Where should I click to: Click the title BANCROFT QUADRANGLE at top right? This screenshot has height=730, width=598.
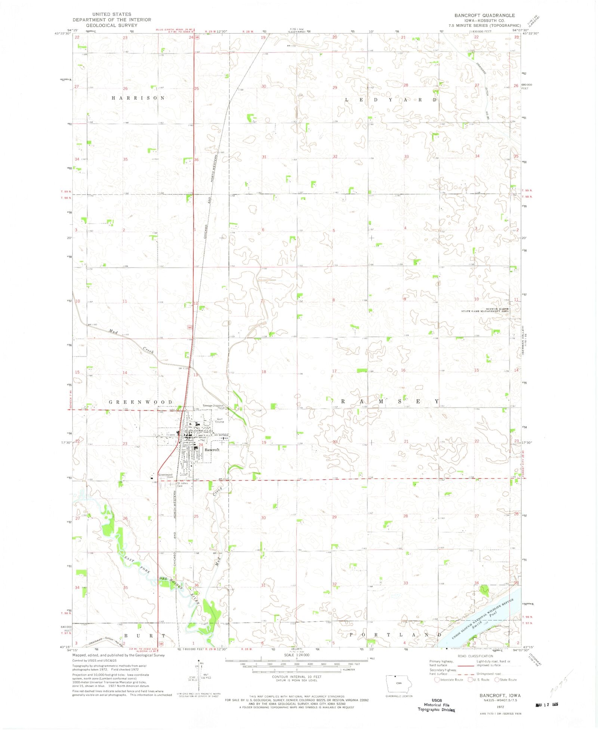click(484, 15)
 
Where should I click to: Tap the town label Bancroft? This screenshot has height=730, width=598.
click(212, 450)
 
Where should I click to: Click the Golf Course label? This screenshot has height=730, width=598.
click(219, 420)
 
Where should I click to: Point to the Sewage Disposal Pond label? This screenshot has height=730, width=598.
click(213, 406)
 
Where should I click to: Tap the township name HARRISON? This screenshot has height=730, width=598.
click(138, 98)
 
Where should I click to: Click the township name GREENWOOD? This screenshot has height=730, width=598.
click(141, 402)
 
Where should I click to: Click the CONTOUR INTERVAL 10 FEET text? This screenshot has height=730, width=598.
click(297, 677)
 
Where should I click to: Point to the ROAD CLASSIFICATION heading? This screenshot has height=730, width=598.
click(475, 656)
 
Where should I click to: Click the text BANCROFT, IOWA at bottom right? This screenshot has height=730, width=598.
click(500, 695)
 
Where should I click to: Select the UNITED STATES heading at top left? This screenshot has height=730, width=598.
click(112, 14)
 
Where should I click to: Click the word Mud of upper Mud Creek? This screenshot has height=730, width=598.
click(113, 331)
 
